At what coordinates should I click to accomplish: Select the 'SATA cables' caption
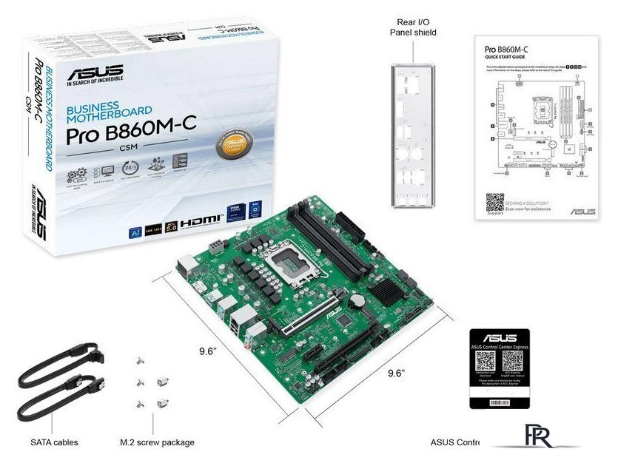54,442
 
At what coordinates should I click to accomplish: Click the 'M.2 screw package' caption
157,442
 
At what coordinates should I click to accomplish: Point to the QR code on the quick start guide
495,203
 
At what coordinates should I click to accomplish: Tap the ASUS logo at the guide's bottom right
582,212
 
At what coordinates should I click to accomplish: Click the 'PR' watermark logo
536,436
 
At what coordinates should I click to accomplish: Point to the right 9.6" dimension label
396,373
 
